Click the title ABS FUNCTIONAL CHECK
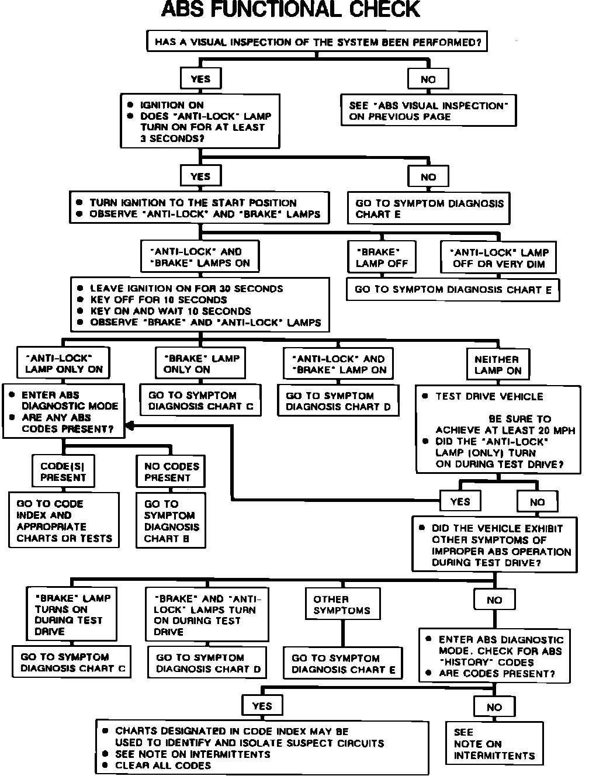(290, 10)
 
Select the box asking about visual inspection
(316, 42)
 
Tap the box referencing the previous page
(428, 111)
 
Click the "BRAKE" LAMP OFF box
(382, 258)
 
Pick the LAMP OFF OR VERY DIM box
(498, 258)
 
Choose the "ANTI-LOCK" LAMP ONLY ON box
(64, 363)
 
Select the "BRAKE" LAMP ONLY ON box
(201, 363)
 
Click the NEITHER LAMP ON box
(497, 365)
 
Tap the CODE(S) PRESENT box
(63, 472)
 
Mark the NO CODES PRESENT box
(171, 472)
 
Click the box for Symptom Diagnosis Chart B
(171, 521)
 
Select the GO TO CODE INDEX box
(64, 521)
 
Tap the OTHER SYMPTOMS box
(342, 605)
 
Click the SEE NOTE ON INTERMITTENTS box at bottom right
(494, 743)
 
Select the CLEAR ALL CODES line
(162, 765)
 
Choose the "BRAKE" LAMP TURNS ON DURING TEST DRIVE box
(72, 615)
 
